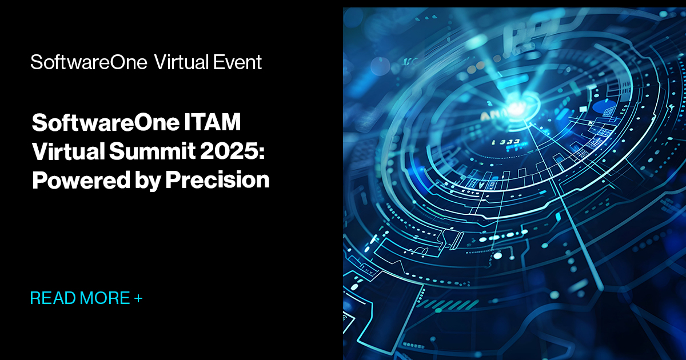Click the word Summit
coord(145,151)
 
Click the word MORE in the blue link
coord(105,298)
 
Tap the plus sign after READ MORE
coord(138,298)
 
